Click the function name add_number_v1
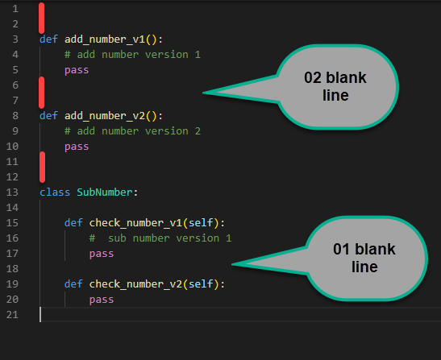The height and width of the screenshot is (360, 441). point(105,39)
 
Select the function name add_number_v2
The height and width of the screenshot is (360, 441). point(105,116)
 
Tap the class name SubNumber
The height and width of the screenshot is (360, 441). point(105,192)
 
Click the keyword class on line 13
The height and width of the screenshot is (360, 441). point(55,192)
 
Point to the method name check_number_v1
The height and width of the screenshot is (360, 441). point(135,223)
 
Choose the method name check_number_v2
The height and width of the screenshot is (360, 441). point(135,284)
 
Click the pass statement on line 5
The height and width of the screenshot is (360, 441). point(77,70)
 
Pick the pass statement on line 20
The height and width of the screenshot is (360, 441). point(102,300)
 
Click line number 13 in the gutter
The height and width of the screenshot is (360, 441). point(12,192)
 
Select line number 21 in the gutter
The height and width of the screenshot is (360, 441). point(12,315)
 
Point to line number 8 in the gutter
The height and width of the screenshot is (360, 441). point(15,116)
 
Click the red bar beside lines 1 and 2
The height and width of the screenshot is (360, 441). point(42,18)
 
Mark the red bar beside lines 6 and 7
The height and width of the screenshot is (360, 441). point(42,93)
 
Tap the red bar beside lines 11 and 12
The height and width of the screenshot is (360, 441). point(42,168)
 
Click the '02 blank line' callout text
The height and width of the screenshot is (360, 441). point(335,86)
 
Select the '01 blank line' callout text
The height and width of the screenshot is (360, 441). point(364,258)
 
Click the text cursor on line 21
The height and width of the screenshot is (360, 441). point(40,314)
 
